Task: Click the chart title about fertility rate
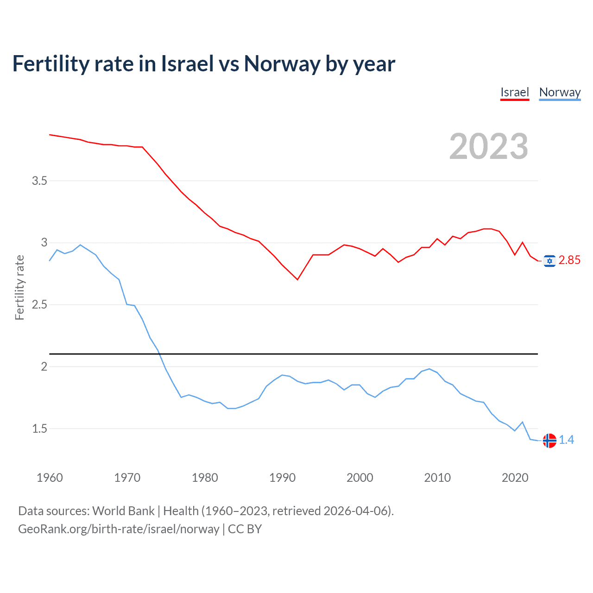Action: (x=204, y=64)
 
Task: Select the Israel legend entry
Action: (x=514, y=92)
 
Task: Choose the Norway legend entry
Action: (x=560, y=92)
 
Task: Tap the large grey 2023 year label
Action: (x=488, y=146)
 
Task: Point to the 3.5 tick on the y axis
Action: (x=39, y=181)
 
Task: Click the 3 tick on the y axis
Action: (x=44, y=242)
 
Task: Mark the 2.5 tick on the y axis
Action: (x=39, y=304)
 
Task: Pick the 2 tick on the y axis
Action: (x=44, y=366)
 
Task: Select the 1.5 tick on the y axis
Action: (x=39, y=429)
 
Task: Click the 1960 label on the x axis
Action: (x=50, y=478)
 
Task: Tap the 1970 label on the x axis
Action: (x=127, y=478)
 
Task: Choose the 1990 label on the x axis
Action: (x=282, y=478)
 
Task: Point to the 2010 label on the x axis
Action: (x=437, y=478)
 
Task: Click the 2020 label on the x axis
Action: (x=515, y=478)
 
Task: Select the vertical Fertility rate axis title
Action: (x=19, y=287)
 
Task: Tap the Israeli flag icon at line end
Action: (x=549, y=261)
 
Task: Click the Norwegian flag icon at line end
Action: (x=549, y=441)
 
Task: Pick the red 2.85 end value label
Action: (x=569, y=260)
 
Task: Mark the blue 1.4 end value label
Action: (x=566, y=440)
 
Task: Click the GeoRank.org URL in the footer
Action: (x=119, y=529)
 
